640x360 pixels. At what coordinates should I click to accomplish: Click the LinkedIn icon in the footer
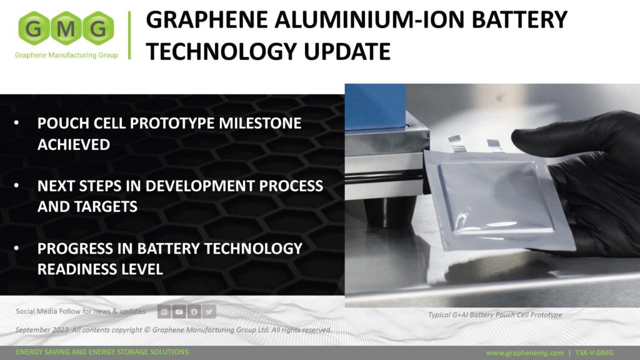(x=164, y=311)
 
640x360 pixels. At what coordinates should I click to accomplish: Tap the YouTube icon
(x=179, y=311)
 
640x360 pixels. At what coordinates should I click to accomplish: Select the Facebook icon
(x=194, y=311)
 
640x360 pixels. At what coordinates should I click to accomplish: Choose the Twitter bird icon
(x=209, y=311)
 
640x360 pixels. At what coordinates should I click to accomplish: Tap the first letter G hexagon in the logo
(x=35, y=28)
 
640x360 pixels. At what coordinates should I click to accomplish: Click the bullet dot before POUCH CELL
(x=17, y=124)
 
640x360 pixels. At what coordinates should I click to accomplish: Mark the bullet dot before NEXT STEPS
(x=17, y=186)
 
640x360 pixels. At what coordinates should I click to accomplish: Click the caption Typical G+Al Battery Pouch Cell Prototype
(x=495, y=315)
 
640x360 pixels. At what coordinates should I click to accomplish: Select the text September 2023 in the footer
(x=42, y=330)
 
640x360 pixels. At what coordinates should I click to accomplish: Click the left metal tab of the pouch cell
(x=457, y=143)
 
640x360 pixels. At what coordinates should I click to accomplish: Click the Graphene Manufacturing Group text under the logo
(x=66, y=55)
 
